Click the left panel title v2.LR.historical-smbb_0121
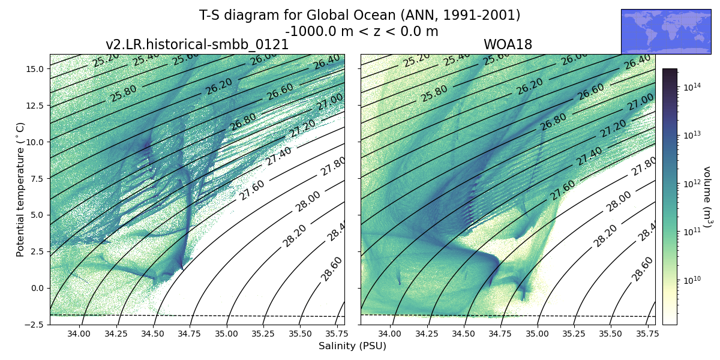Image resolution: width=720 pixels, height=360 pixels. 197,45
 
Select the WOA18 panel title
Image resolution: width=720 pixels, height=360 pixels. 508,45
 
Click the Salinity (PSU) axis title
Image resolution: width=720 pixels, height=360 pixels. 352,346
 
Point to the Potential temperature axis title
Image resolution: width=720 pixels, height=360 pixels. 20,189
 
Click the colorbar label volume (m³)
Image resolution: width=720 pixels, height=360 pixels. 707,197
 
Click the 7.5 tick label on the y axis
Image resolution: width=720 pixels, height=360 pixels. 35,179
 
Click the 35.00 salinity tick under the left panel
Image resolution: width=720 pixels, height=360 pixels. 226,334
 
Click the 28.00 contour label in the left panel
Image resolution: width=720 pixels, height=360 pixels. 308,201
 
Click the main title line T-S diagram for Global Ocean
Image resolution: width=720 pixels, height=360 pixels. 359,16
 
